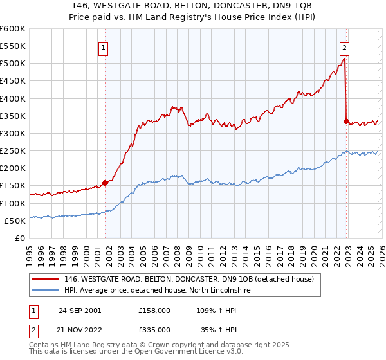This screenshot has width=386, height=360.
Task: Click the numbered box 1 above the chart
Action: [x=104, y=46]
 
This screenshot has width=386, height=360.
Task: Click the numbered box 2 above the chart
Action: [x=345, y=46]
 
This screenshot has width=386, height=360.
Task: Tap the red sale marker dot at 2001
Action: [x=106, y=183]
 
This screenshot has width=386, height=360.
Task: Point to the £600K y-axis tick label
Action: [x=13, y=29]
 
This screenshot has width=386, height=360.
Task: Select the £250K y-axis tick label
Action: [x=13, y=151]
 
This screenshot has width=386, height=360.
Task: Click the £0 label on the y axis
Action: [x=21, y=238]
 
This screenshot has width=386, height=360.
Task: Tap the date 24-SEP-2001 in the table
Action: [x=80, y=310]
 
